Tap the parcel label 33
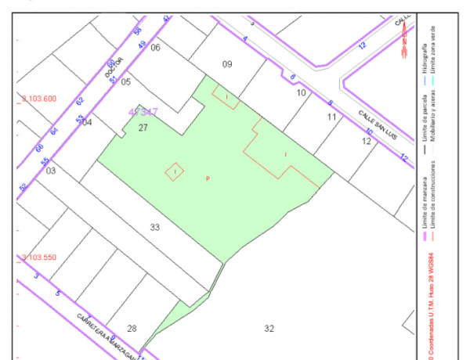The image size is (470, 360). tap(155, 227)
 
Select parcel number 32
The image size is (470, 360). tap(269, 328)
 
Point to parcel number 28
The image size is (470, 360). tap(132, 328)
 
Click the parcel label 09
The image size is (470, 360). tap(227, 63)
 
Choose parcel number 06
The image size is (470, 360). tap(155, 48)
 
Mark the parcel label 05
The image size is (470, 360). tap(125, 81)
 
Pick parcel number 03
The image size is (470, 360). tap(51, 170)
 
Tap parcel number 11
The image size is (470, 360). tap(332, 117)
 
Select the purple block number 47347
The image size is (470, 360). tap(143, 113)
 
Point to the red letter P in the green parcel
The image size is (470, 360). tap(208, 179)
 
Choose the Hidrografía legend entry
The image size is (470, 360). tap(424, 59)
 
